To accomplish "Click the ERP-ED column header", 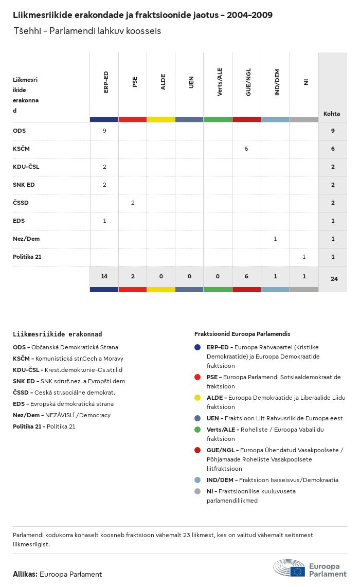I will pos(105,82).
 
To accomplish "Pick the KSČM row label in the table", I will pos(22,149).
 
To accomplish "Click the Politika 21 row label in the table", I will pos(27,257).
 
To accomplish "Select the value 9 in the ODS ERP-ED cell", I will pos(104,131).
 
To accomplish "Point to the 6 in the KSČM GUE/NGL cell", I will pos(246,149).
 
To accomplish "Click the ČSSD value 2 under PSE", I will pos(133,203).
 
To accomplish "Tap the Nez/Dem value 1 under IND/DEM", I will pos(275,239).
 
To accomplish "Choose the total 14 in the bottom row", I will pos(104,277).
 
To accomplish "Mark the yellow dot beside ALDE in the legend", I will pos(197,398).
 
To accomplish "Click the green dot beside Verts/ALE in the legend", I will pos(197,430).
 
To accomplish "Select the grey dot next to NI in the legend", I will pos(197,491).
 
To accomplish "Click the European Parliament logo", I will pos(310,568).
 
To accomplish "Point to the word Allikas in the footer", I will pos(25,574).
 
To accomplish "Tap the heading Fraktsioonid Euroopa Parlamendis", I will pos(242,334).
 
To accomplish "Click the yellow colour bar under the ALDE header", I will pos(161,119).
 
